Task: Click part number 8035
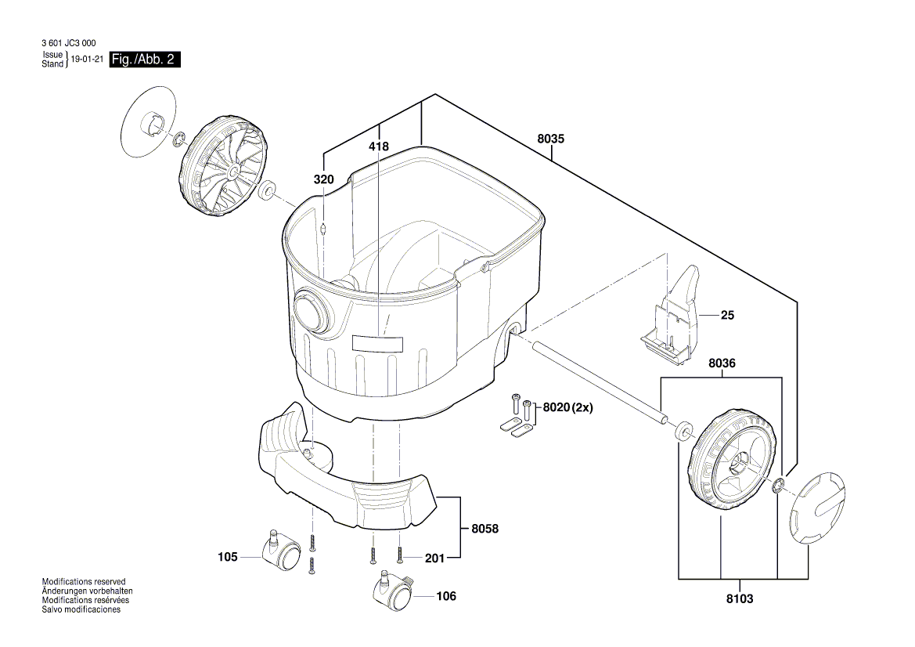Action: (550, 139)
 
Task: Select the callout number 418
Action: (378, 146)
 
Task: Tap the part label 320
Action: (323, 179)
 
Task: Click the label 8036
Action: (722, 363)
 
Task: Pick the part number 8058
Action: (485, 529)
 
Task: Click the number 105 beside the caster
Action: (227, 557)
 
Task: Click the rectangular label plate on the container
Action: (376, 343)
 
